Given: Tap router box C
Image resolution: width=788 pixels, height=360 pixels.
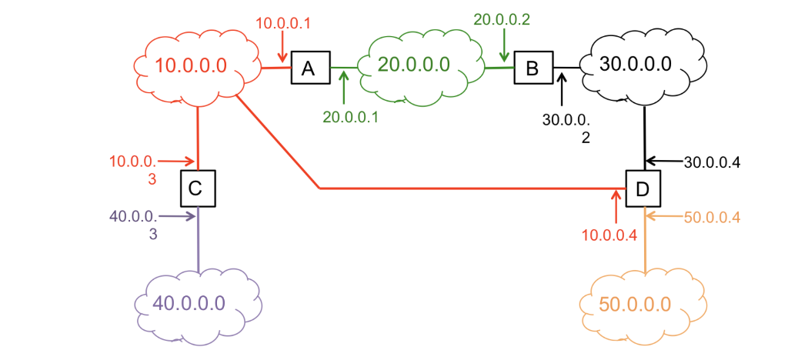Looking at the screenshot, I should pyautogui.click(x=197, y=188).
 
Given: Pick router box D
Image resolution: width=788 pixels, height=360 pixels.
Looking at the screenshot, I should pyautogui.click(x=643, y=188).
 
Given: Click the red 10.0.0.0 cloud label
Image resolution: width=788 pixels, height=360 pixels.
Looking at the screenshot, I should pyautogui.click(x=192, y=65).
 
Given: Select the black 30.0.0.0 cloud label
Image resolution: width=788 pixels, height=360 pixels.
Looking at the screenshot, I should pyautogui.click(x=636, y=64).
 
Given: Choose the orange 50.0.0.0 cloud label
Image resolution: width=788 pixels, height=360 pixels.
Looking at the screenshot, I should pyautogui.click(x=635, y=304).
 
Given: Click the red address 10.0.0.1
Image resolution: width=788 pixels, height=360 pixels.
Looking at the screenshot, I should pyautogui.click(x=282, y=24).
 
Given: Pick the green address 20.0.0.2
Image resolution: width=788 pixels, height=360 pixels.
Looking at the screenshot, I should pyautogui.click(x=502, y=19).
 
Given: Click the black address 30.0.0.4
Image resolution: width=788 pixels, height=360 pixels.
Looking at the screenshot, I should pyautogui.click(x=712, y=162).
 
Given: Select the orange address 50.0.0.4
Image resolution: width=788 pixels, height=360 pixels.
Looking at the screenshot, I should pyautogui.click(x=712, y=217).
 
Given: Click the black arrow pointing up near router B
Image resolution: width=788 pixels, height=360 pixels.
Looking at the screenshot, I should pyautogui.click(x=562, y=88).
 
